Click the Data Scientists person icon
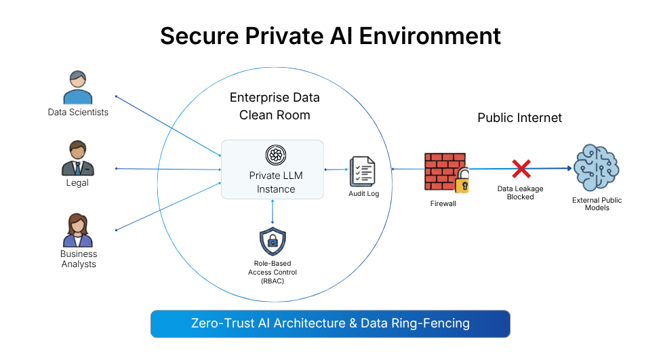77,87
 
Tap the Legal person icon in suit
77,158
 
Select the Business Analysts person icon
78,231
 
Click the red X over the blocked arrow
520,169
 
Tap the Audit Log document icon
363,172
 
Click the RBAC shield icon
273,241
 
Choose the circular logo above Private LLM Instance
273,155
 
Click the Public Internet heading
519,118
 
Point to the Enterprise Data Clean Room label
275,106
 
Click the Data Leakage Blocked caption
520,193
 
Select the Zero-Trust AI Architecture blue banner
329,323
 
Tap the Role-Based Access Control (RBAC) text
273,272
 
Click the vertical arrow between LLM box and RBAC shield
273,212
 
